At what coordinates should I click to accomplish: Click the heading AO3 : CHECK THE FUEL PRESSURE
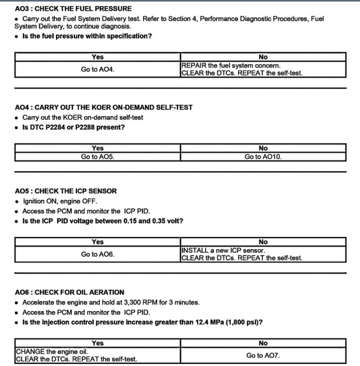coord(73,9)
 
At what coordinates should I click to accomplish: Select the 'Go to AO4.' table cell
coord(98,70)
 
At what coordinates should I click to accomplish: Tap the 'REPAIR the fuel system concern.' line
coord(231,66)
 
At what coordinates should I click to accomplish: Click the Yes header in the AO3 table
coord(98,57)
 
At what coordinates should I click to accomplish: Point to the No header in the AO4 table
coord(263,148)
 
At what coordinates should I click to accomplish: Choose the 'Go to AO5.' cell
coord(98,157)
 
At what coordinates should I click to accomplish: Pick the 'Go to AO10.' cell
coord(263,157)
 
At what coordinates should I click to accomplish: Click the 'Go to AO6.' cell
coord(98,254)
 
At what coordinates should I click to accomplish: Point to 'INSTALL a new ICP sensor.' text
coord(223,250)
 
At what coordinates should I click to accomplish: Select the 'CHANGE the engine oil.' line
coord(52,352)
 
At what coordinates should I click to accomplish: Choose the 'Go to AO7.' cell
coord(263,356)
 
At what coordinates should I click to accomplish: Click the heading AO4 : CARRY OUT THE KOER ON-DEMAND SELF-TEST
coord(103,107)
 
